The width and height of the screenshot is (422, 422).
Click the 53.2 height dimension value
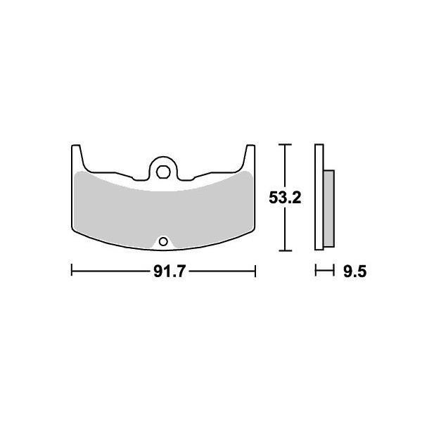coord(285,198)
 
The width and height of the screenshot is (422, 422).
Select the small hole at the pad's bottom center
coord(163,242)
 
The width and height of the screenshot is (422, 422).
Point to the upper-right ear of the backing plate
coord(250,155)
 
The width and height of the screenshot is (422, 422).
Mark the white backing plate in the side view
coord(319,197)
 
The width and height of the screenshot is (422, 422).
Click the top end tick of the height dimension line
coord(284,145)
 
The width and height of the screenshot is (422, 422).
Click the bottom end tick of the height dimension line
coord(284,250)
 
